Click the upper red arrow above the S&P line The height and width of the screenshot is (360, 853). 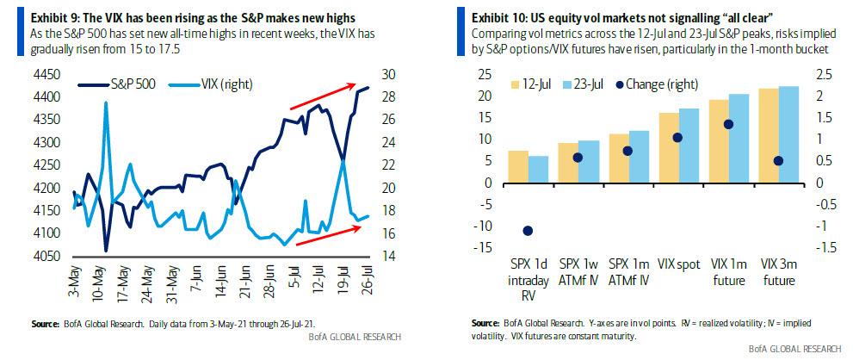[x=322, y=96]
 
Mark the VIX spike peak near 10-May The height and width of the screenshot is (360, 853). [x=107, y=102]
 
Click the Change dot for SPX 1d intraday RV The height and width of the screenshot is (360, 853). [x=528, y=231]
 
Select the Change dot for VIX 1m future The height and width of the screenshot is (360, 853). [x=728, y=124]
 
